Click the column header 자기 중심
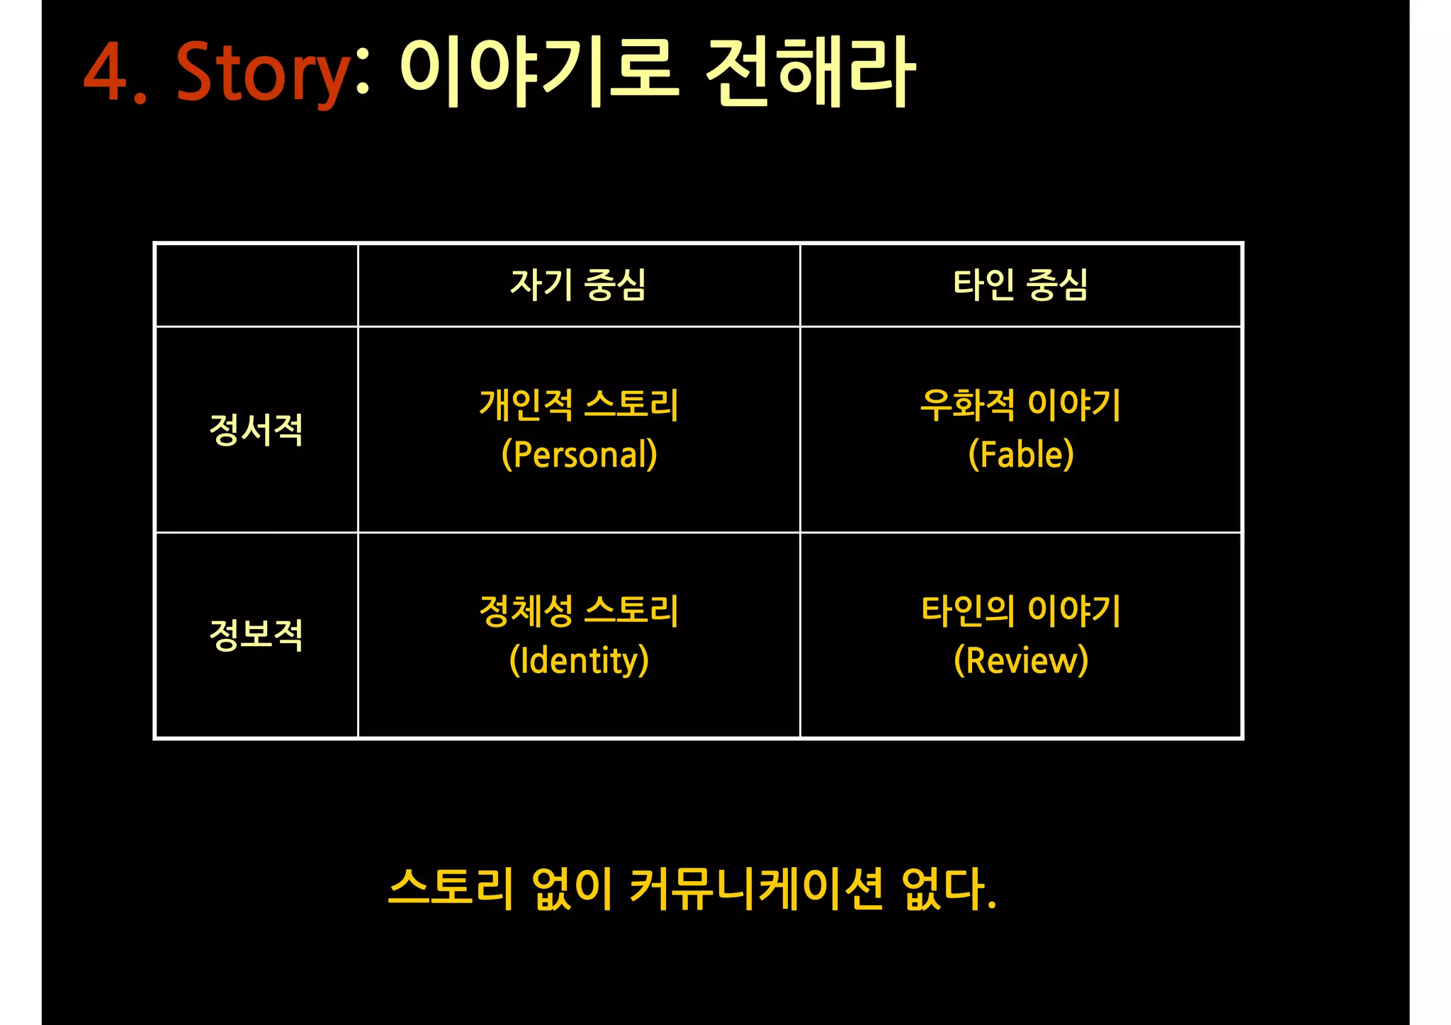(578, 285)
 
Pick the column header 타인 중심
(1020, 285)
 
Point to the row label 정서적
(256, 429)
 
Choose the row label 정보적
(256, 635)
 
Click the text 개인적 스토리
(579, 405)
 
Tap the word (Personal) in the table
(579, 455)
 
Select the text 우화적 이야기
(1020, 405)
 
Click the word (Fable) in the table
(1021, 455)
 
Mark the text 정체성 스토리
(579, 611)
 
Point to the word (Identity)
(579, 660)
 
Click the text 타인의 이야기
(1020, 611)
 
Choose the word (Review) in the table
(1021, 660)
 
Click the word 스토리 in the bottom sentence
(451, 888)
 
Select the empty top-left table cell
(256, 285)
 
